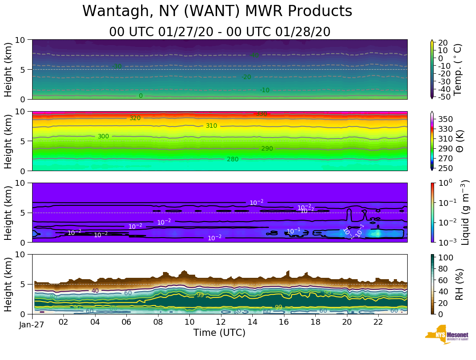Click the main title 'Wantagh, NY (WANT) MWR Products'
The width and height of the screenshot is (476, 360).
pos(217,12)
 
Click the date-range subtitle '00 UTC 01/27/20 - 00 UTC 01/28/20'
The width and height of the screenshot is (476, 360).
pos(220,32)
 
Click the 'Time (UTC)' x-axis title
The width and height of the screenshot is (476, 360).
pos(219,333)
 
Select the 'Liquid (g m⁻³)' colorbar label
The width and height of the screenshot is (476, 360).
pos(465,212)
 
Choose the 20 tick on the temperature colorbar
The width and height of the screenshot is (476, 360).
pos(443,43)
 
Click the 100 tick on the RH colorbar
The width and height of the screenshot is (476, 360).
pos(447,258)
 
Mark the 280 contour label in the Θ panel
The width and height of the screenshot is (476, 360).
pos(233,159)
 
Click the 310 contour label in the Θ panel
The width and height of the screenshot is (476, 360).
pos(211,126)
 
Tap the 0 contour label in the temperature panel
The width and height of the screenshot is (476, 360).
pos(141,96)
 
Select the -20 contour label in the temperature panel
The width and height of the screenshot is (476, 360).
pos(246,77)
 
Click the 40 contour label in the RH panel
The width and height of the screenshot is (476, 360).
pos(95,291)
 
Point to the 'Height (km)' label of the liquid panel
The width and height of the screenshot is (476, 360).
pos(8,212)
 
